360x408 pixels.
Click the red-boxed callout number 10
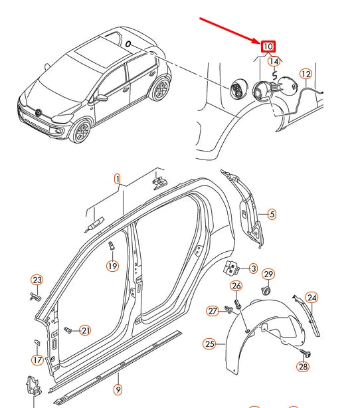tap(268, 47)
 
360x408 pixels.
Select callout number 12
tap(306, 74)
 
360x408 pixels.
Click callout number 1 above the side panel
tap(118, 179)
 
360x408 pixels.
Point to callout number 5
tap(272, 214)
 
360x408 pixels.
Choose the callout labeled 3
tap(253, 268)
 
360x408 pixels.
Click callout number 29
tap(268, 274)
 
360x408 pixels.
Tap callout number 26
tap(236, 286)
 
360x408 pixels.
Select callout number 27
tap(212, 311)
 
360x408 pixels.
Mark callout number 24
tap(312, 297)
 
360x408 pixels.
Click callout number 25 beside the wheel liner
tap(209, 344)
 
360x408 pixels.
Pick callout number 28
tap(303, 366)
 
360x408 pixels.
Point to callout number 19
tap(112, 266)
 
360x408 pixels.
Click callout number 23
tap(37, 280)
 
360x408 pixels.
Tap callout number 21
tap(85, 330)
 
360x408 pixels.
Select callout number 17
tap(37, 360)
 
